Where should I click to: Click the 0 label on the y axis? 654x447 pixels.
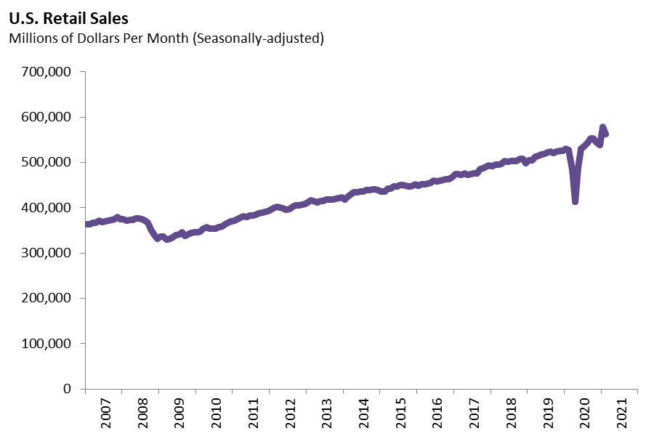pos(67,389)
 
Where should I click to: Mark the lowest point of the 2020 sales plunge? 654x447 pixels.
pos(575,201)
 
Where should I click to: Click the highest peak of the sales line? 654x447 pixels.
pos(602,127)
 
